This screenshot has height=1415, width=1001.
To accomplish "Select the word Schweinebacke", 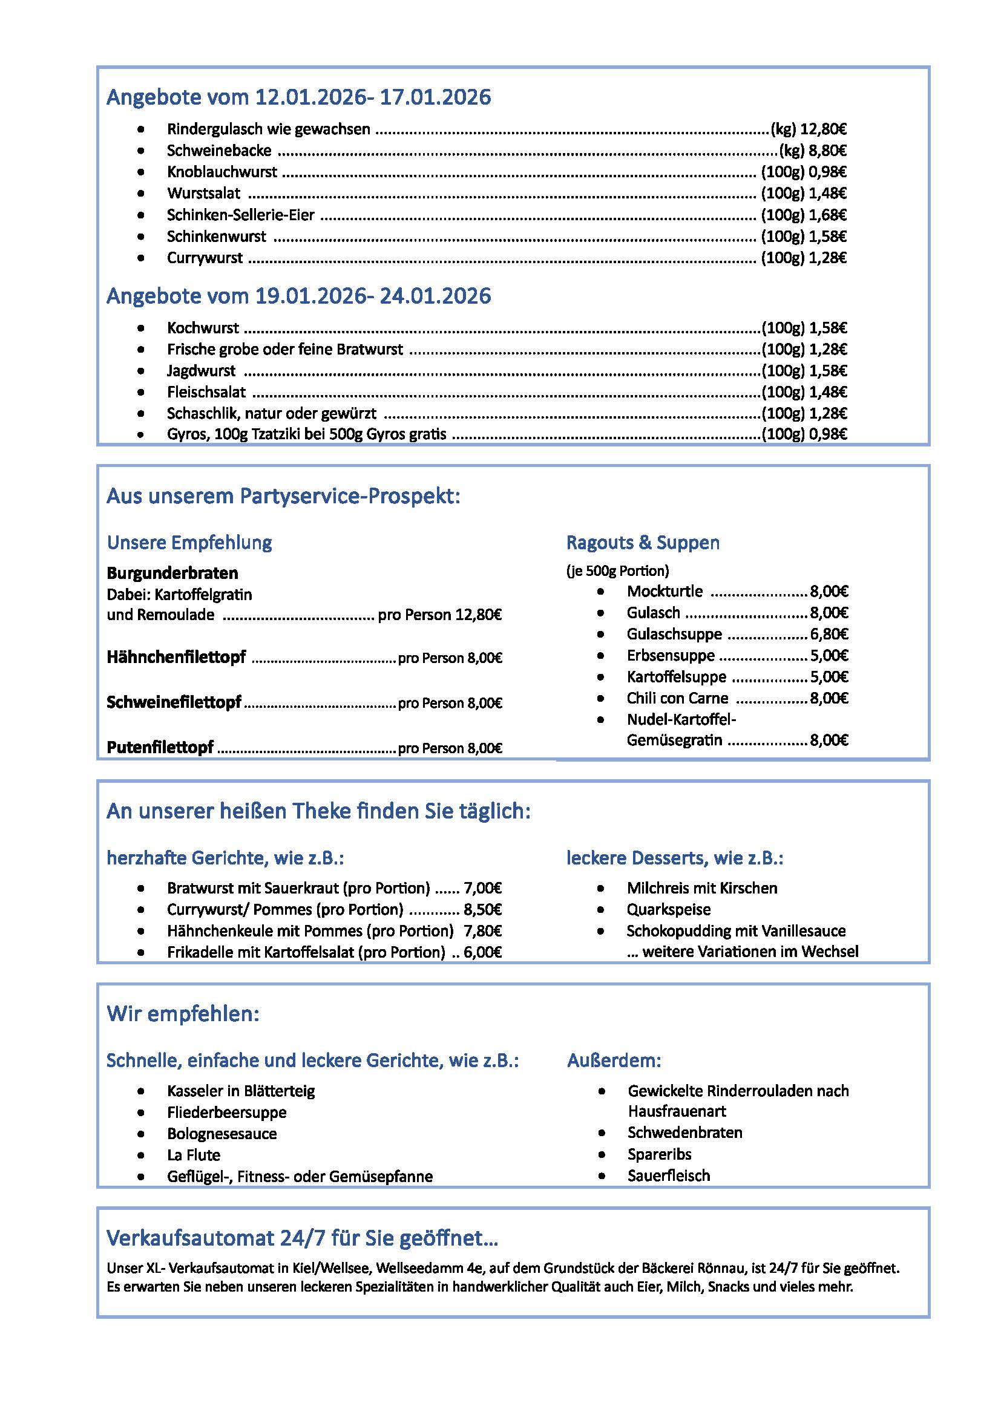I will coord(219,151).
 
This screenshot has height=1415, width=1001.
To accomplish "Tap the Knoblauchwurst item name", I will coord(222,172).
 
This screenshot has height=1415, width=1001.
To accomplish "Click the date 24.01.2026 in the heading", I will coord(435,296).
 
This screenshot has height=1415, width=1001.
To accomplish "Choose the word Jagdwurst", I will coord(201,371).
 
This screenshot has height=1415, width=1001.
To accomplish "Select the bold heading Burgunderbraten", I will coord(172,573).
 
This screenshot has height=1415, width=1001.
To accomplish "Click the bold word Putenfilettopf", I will coord(160,748).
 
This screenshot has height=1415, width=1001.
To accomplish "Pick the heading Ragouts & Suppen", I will coord(642,543).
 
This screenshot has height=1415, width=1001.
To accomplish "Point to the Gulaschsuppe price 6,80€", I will coord(829,634).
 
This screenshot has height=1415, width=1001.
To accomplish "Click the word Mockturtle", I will coord(665,592).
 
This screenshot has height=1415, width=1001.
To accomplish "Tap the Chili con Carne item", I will coord(677,698).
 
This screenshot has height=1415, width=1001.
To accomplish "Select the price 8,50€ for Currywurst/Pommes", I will coord(482,910).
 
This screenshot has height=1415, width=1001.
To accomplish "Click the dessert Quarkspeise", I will coord(668,910).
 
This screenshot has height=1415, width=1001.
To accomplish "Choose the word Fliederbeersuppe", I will coord(226,1113).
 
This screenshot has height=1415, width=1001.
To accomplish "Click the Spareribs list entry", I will coord(659,1154).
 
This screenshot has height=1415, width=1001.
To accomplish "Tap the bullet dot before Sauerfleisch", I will coord(602,1177).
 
